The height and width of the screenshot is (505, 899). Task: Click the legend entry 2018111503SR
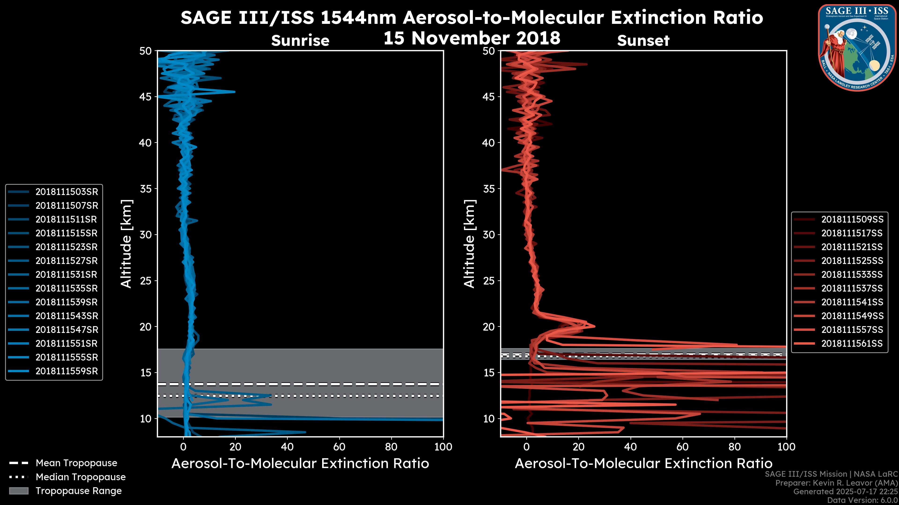[66, 192]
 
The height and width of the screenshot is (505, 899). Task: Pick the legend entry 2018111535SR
[66, 288]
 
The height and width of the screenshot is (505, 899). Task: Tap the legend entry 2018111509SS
[852, 219]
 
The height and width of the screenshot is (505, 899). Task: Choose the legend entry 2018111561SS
[852, 343]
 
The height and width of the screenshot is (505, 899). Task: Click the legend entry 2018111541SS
[852, 302]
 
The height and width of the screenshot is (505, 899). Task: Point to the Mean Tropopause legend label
[76, 463]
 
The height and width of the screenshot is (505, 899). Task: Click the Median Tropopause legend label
[80, 477]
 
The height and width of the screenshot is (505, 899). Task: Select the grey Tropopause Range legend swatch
[18, 491]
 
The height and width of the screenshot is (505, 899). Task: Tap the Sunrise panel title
[300, 41]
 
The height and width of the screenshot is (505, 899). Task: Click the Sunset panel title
[643, 41]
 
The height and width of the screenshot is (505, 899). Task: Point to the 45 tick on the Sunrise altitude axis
[146, 97]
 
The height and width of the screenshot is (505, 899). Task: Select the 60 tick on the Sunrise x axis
[339, 447]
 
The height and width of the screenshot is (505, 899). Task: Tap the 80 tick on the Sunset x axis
[735, 447]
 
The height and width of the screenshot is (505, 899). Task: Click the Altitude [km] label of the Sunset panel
[470, 244]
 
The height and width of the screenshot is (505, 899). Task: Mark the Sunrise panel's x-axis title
[300, 464]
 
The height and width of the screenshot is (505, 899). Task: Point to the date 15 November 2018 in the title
[472, 38]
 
